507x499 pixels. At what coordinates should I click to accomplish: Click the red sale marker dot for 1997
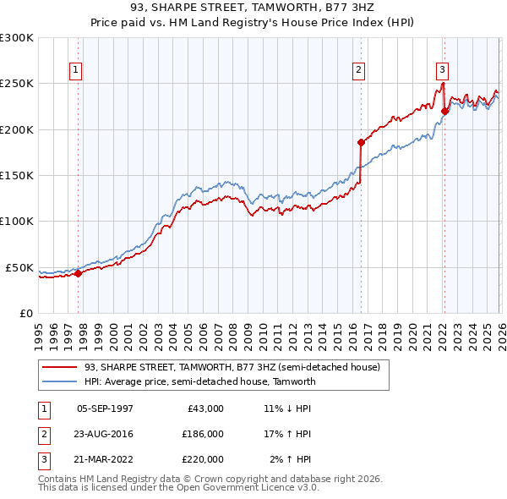click(x=78, y=273)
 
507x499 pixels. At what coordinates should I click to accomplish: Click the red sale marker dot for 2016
click(x=361, y=142)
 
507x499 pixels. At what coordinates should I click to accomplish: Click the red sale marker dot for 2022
click(x=444, y=111)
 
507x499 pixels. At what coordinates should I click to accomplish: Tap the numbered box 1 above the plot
click(x=77, y=70)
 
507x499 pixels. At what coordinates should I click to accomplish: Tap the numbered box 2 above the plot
click(x=359, y=70)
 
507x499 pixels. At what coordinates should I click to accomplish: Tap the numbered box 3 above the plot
click(x=443, y=70)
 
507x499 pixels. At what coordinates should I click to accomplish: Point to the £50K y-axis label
click(x=19, y=267)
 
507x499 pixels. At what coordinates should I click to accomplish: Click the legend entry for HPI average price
click(x=199, y=381)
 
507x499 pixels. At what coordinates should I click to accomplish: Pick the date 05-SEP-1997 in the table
click(x=105, y=409)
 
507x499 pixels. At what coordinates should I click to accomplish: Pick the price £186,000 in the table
click(x=202, y=434)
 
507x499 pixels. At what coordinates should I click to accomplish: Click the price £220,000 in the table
click(x=202, y=459)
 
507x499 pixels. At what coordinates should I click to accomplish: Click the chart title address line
click(x=253, y=9)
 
